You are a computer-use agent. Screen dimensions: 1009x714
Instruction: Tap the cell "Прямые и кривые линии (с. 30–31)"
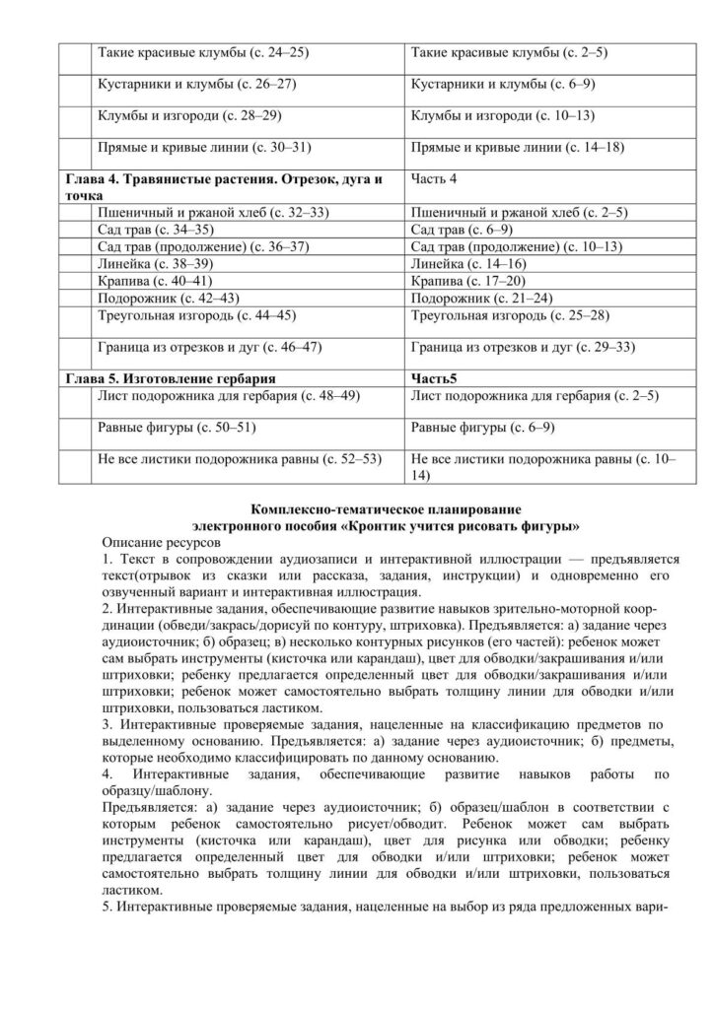204,148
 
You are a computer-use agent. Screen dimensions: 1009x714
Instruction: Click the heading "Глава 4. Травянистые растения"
223,181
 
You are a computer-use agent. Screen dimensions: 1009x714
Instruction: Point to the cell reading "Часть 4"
436,180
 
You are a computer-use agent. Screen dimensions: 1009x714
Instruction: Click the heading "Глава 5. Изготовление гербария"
169,377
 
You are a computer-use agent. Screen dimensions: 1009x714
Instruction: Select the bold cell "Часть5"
435,377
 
